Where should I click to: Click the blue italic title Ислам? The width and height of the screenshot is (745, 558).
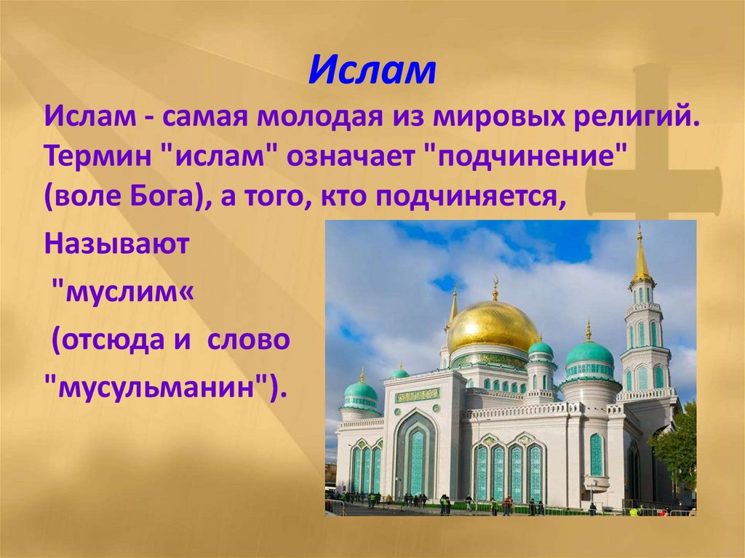click(x=372, y=71)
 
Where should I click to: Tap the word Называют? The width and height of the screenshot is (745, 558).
click(x=116, y=242)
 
